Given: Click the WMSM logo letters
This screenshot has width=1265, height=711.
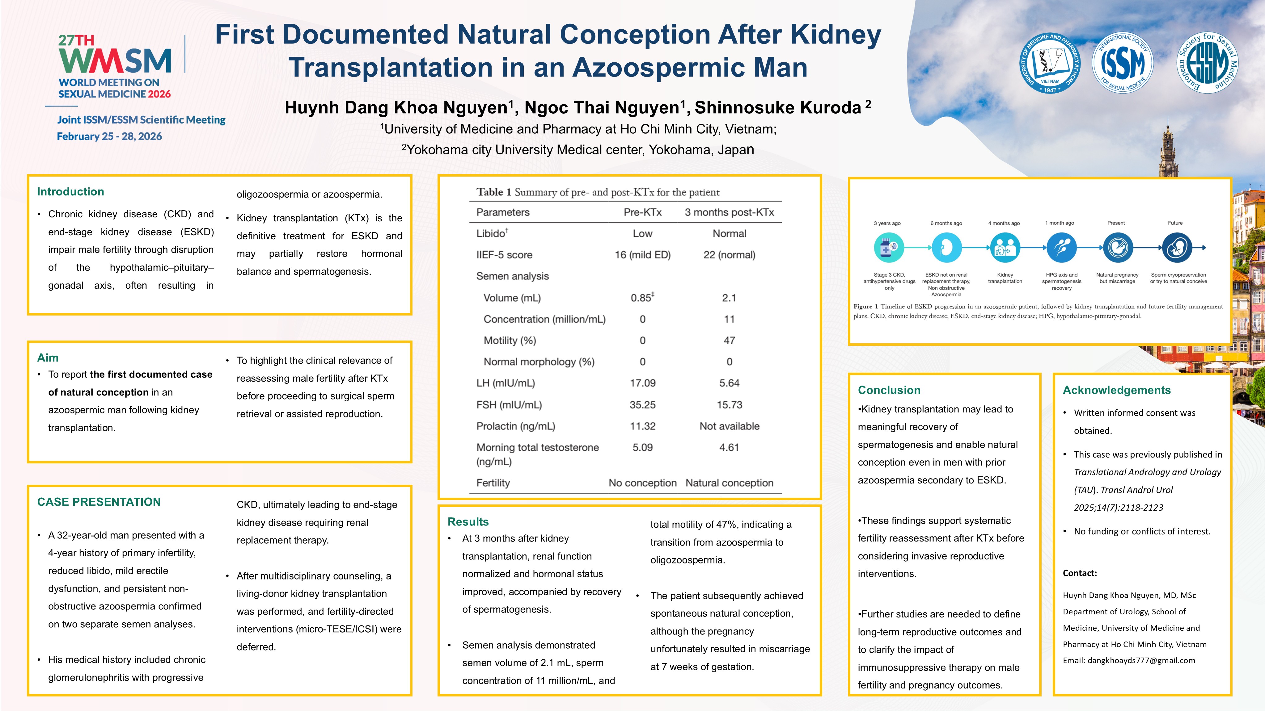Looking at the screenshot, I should pos(115,60).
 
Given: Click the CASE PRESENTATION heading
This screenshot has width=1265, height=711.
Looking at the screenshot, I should pos(99,502).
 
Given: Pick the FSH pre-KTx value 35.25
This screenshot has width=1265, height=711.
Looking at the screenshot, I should pos(642,405).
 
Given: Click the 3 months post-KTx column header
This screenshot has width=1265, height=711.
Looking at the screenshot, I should pos(729,212).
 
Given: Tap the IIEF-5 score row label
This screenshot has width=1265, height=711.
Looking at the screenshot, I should pos(504,255).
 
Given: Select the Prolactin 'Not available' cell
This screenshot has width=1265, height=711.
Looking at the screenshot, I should pos(729,426).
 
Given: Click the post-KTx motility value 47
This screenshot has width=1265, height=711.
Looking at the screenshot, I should pos(729,341).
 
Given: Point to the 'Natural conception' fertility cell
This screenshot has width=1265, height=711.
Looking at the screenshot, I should pos(729,483).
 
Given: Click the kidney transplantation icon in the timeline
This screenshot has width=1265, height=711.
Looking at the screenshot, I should pos(1005,248).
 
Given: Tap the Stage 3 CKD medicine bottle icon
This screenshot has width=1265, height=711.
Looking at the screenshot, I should pos(889,248).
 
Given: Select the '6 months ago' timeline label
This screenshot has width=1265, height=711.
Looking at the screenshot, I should pos(946,223).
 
